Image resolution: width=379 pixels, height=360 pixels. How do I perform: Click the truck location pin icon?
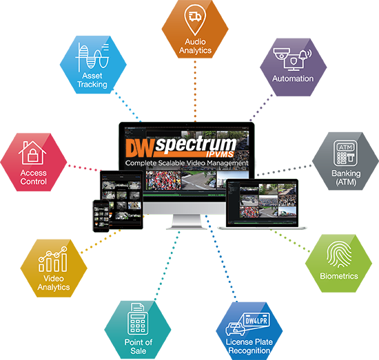[195, 19]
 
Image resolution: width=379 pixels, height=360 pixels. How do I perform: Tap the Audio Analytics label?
[195, 46]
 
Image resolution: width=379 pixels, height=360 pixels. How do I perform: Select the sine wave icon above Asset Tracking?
[92, 57]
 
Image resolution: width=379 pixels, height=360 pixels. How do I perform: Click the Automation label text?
[293, 78]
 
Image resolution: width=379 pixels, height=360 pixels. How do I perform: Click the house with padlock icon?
[32, 153]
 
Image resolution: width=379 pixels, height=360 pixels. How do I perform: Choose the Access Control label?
[33, 177]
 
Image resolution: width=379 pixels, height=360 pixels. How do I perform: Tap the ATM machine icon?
[345, 153]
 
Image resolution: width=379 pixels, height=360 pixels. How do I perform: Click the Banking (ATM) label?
[346, 178]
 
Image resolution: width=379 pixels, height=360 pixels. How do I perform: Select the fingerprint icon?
[339, 255]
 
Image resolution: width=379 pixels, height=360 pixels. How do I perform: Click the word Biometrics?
[339, 276]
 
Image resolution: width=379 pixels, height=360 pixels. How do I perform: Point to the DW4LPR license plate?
[256, 320]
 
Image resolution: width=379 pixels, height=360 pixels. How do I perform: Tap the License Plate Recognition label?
[249, 346]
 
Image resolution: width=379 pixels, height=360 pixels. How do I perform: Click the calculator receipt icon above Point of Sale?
[138, 319]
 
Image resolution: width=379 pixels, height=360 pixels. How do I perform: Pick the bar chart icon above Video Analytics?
[53, 259]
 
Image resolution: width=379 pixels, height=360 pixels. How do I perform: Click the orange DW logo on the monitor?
[140, 148]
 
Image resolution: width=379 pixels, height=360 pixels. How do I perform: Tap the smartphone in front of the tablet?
[101, 216]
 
